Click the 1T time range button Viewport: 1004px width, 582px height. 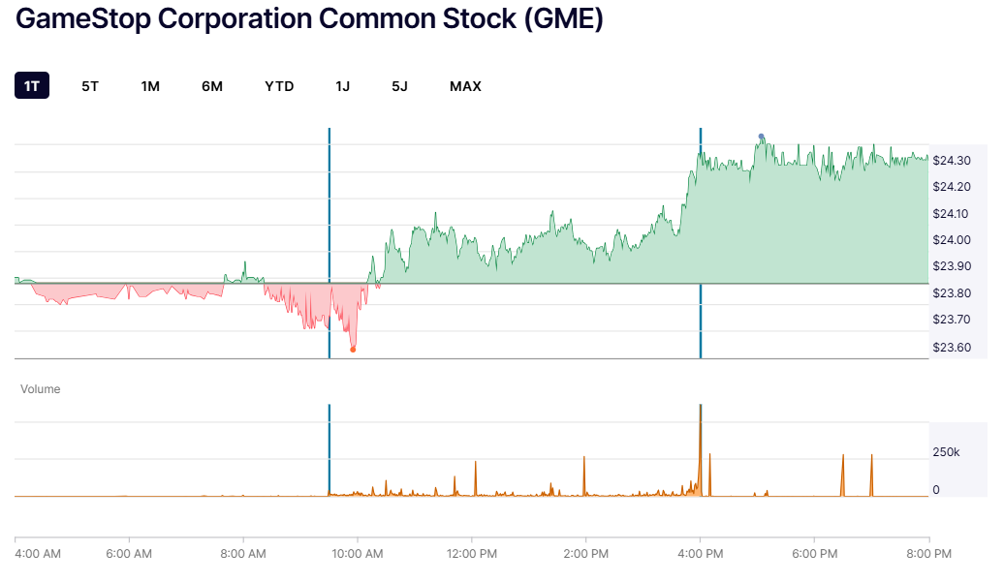point(32,86)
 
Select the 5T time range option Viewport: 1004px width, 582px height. point(90,86)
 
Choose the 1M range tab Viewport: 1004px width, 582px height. point(150,86)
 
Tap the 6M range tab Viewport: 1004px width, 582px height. point(212,86)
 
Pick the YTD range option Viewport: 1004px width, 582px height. point(279,86)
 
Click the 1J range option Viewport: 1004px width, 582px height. point(343,86)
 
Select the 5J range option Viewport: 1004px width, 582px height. point(399,86)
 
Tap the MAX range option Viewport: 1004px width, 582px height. point(465,86)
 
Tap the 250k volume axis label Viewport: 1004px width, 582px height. point(947,452)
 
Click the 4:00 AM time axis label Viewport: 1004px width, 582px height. point(39,554)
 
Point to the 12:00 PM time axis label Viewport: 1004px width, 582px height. point(472,554)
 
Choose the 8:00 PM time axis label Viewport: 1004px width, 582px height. point(927,554)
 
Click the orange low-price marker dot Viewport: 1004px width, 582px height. point(353,349)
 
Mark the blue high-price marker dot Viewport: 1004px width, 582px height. point(762,137)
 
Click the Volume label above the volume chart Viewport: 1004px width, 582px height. point(41,389)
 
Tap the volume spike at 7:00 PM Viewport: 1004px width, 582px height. point(871,473)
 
